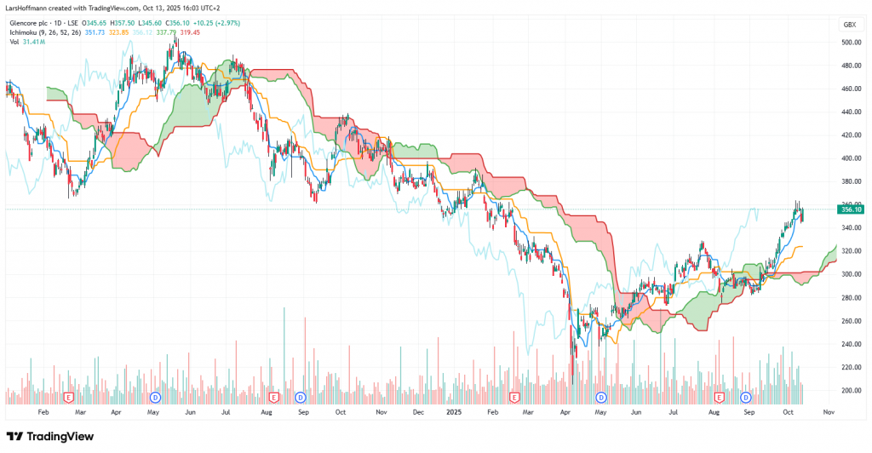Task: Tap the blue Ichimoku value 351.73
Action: pyautogui.click(x=95, y=32)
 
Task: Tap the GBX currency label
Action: pyautogui.click(x=848, y=25)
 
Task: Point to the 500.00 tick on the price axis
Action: pyautogui.click(x=848, y=43)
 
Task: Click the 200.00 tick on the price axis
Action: pyautogui.click(x=848, y=391)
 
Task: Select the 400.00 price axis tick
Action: pyautogui.click(x=848, y=158)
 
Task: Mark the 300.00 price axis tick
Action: pyautogui.click(x=848, y=275)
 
